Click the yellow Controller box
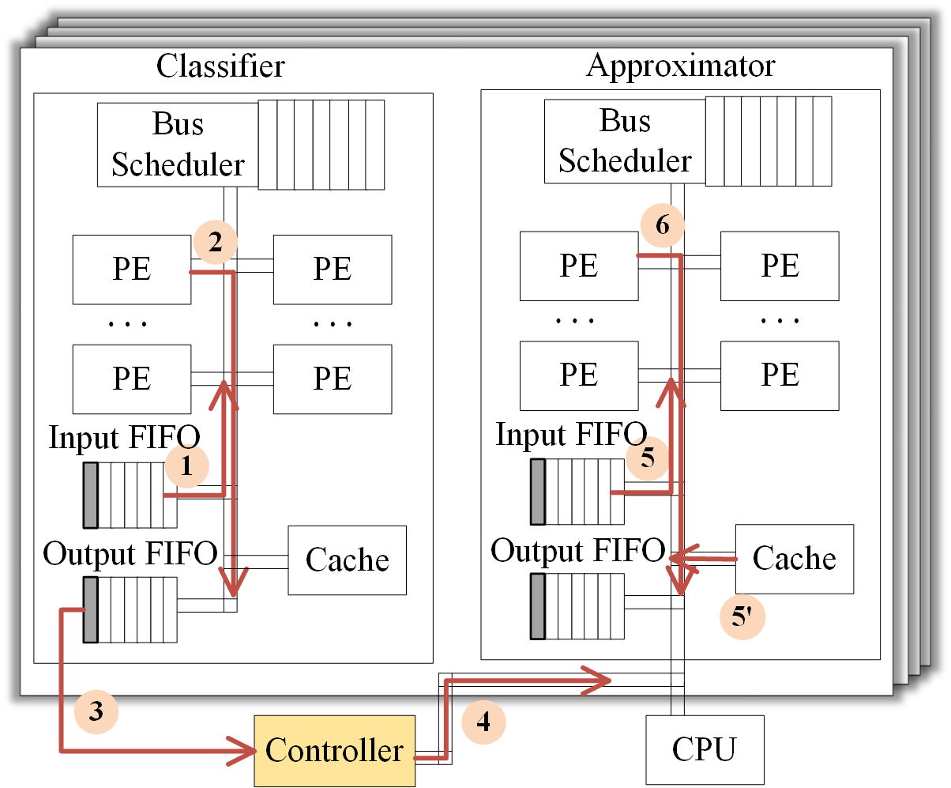pyautogui.click(x=334, y=750)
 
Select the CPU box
pyautogui.click(x=705, y=749)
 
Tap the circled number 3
pyautogui.click(x=96, y=711)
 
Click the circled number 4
pyautogui.click(x=483, y=722)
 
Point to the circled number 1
pyautogui.click(x=186, y=466)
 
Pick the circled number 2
pyautogui.click(x=215, y=243)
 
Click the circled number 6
pyautogui.click(x=662, y=226)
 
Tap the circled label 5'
pyautogui.click(x=743, y=617)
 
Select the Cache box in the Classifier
pyautogui.click(x=347, y=560)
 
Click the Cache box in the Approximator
pyautogui.click(x=794, y=558)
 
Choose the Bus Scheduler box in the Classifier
pyautogui.click(x=179, y=145)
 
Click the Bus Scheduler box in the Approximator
pyautogui.click(x=625, y=141)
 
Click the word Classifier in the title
pyautogui.click(x=220, y=66)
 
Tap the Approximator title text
pyautogui.click(x=680, y=66)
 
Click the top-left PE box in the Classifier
pyautogui.click(x=131, y=269)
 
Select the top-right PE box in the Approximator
pyautogui.click(x=780, y=266)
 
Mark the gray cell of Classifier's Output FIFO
pyautogui.click(x=90, y=609)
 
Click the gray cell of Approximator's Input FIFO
pyautogui.click(x=538, y=491)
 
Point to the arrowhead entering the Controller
pyautogui.click(x=240, y=750)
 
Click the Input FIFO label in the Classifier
pyautogui.click(x=124, y=438)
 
